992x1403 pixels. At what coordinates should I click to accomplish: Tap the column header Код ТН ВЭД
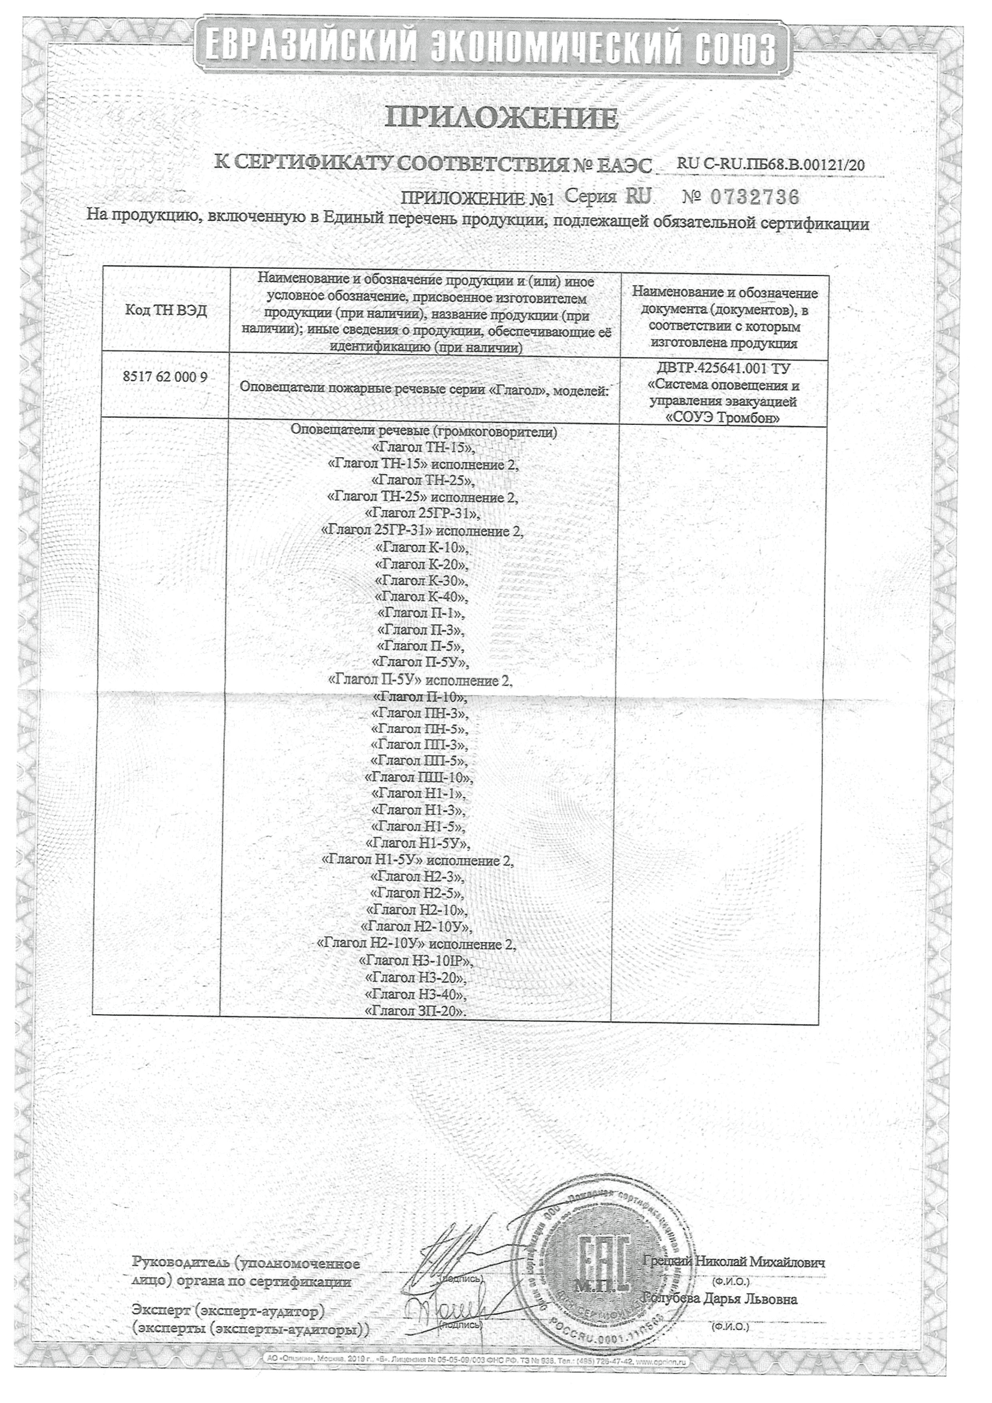click(x=166, y=310)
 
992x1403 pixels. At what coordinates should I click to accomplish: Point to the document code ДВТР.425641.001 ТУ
click(x=724, y=369)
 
